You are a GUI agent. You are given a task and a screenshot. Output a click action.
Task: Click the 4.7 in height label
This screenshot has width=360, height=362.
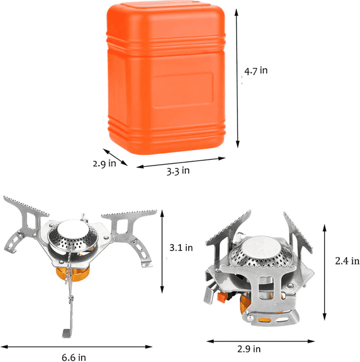(x=256, y=71)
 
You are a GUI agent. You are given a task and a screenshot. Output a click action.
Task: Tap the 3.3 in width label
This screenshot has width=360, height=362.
(x=178, y=171)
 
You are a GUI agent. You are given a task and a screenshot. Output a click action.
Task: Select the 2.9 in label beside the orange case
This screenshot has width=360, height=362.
(x=104, y=163)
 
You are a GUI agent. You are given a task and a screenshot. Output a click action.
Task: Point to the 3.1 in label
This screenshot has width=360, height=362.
(x=181, y=248)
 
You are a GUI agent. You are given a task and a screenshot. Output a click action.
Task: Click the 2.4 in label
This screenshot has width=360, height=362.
(x=347, y=261)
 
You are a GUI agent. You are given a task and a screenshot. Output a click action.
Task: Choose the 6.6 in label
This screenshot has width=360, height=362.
(x=74, y=357)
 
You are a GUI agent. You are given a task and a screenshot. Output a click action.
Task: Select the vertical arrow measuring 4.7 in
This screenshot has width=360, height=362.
(x=237, y=77)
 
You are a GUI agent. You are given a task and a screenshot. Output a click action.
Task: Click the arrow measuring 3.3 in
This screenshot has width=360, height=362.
(x=181, y=162)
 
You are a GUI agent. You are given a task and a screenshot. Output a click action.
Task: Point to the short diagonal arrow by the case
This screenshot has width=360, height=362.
(x=115, y=157)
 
